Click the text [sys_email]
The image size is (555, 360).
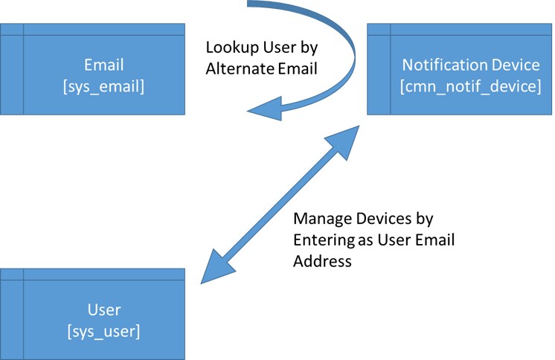pyautogui.click(x=103, y=87)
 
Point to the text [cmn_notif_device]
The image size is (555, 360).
pyautogui.click(x=470, y=87)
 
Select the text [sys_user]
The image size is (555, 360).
pyautogui.click(x=103, y=330)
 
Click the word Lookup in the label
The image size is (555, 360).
pyautogui.click(x=228, y=49)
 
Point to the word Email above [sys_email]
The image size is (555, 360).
pyautogui.click(x=103, y=65)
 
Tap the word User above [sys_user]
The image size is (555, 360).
pyautogui.click(x=103, y=309)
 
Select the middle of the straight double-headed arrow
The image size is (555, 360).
pyautogui.click(x=281, y=203)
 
